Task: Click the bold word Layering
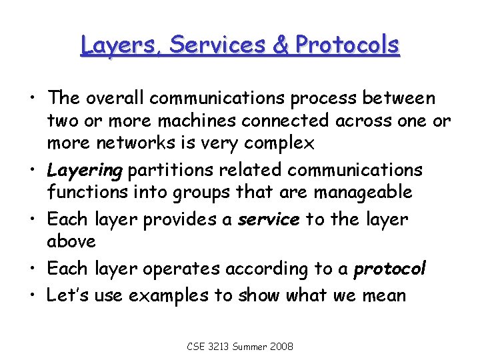click(84, 171)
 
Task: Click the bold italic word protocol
click(390, 269)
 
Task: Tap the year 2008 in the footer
click(282, 347)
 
